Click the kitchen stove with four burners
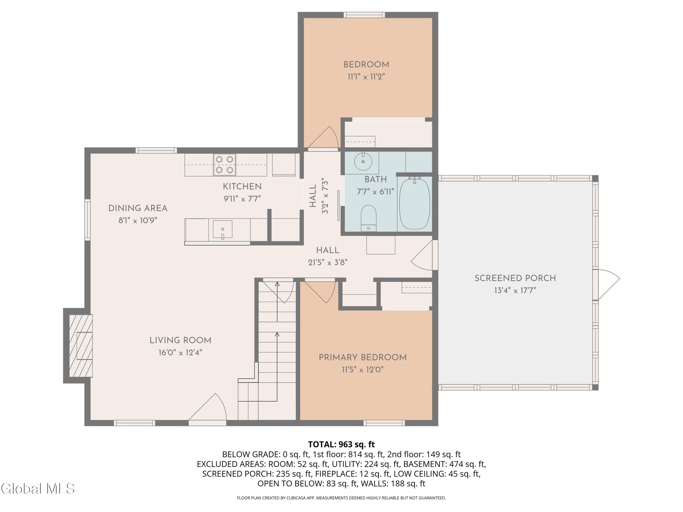[x=224, y=165]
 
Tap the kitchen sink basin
[x=222, y=229]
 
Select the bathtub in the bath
[x=414, y=204]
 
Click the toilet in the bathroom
[x=368, y=218]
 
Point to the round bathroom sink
[x=363, y=161]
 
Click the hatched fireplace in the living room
[x=81, y=346]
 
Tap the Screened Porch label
[x=515, y=278]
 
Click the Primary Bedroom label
[x=362, y=357]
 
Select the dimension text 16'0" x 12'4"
[x=180, y=352]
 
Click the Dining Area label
[x=138, y=208]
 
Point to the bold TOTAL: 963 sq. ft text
[x=341, y=444]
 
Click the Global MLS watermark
[x=38, y=489]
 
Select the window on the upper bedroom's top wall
[x=364, y=15]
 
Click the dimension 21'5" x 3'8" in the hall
[x=328, y=262]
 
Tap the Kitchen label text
[x=242, y=186]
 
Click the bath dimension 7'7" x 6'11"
[x=375, y=192]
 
